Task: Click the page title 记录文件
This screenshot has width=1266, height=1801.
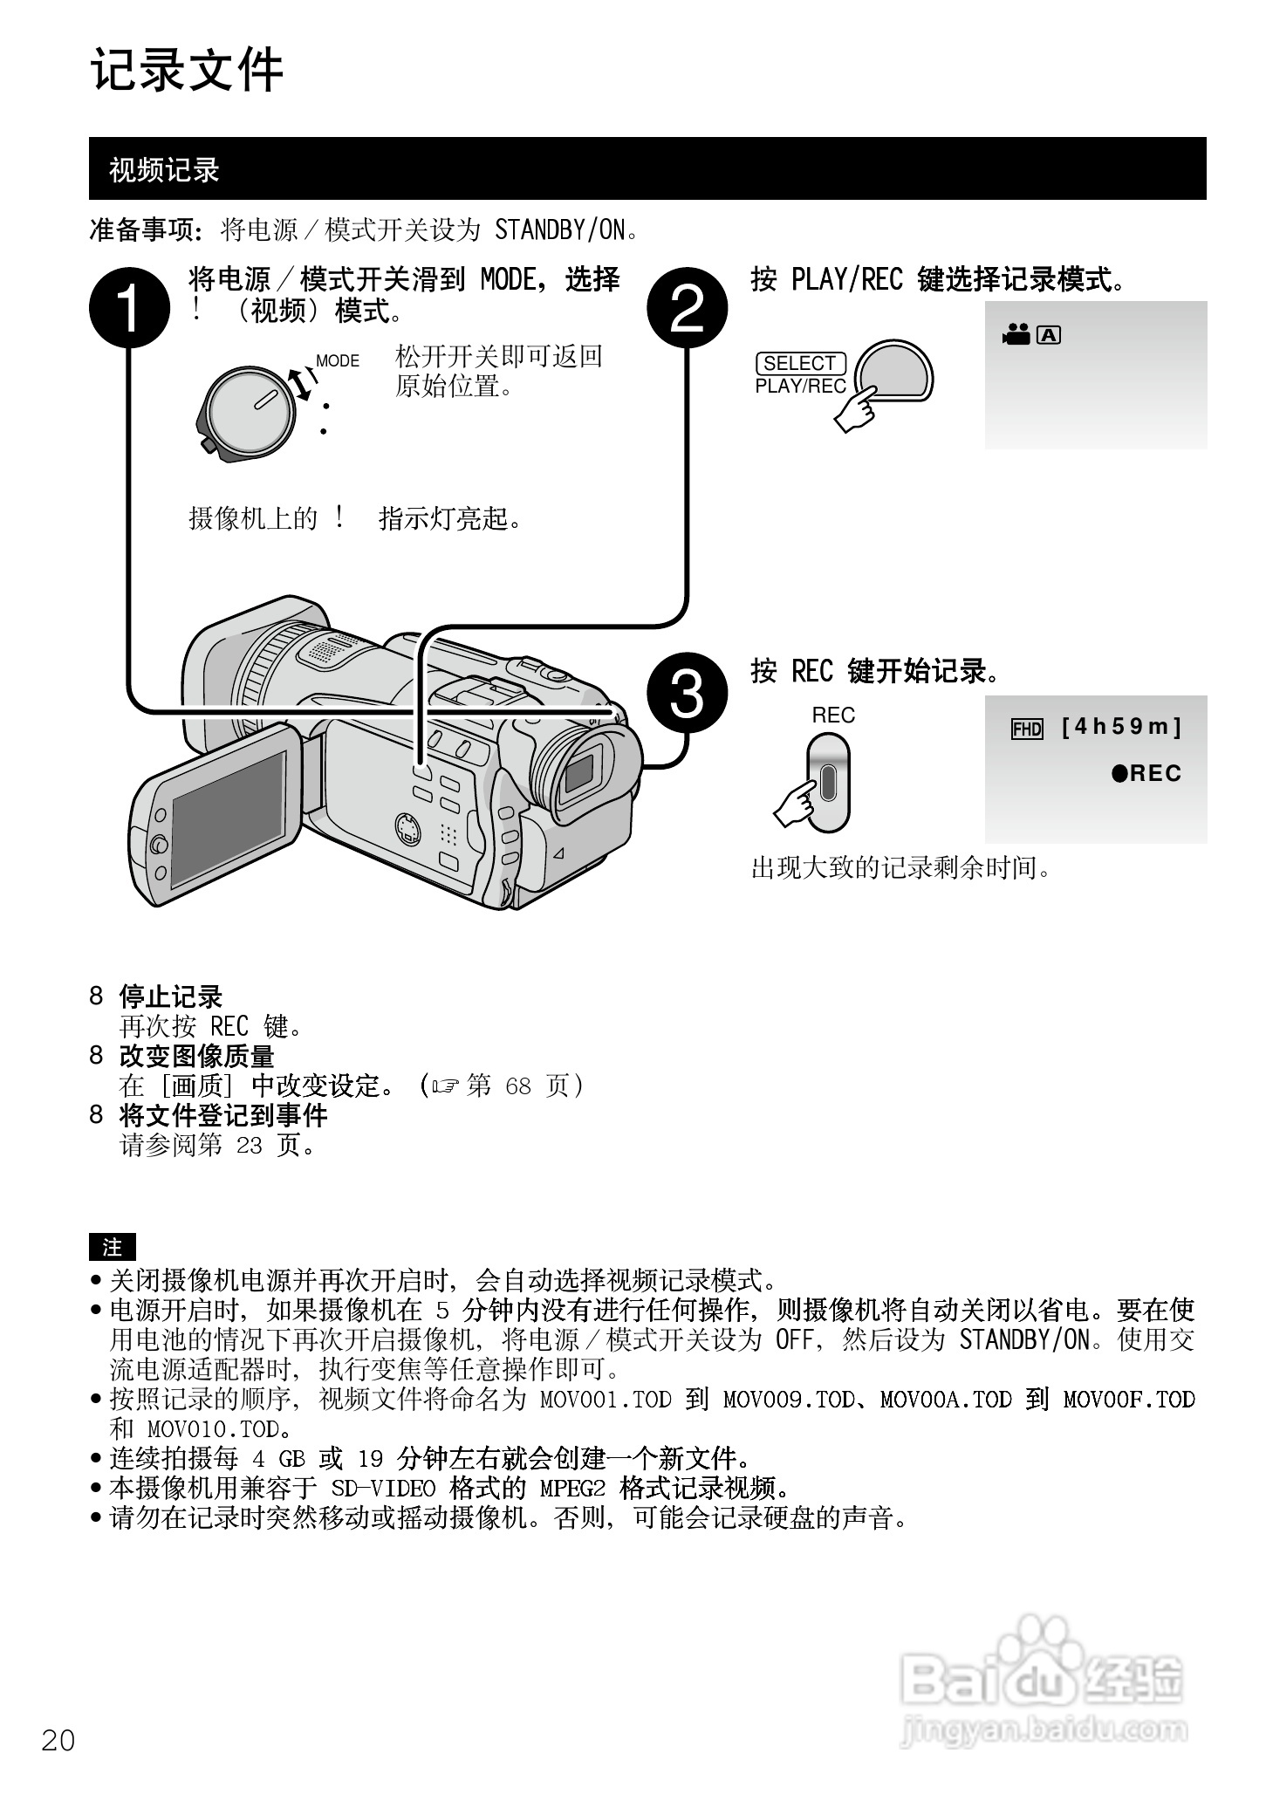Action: point(187,71)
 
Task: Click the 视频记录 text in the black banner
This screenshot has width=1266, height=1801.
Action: point(163,170)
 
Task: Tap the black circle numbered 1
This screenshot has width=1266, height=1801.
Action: point(129,307)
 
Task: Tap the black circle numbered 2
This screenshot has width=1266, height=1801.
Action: point(687,307)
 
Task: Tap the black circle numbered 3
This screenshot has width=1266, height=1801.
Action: point(687,695)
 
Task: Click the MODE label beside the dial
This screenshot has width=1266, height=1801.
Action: point(337,361)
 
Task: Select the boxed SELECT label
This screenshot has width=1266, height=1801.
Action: point(800,363)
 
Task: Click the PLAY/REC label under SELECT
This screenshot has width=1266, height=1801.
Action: point(800,387)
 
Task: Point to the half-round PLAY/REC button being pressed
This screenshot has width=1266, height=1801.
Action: point(895,371)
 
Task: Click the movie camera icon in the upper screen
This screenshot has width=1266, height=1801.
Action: point(1016,335)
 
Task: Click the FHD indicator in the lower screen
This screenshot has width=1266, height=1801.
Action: point(1027,729)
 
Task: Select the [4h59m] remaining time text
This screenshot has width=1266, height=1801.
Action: point(1121,727)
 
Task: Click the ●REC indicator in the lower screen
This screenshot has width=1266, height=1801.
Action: point(1146,773)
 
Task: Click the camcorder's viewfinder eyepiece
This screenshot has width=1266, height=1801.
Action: point(579,772)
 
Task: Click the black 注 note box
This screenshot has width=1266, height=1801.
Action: point(113,1247)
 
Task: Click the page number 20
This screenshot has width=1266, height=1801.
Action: point(58,1740)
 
